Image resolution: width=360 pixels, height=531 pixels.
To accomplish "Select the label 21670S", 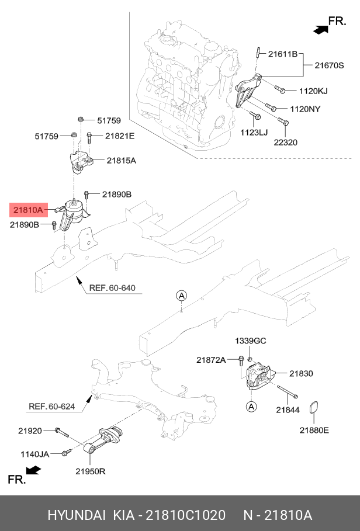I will [x=331, y=66].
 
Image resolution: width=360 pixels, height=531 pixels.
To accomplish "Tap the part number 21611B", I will [x=283, y=54].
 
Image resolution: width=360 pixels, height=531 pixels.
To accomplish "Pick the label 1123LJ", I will [x=254, y=133].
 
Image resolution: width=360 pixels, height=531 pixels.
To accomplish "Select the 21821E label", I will [x=120, y=136].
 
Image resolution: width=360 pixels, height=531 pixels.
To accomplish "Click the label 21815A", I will [x=121, y=159].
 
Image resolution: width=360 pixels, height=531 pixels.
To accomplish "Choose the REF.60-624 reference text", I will [x=51, y=406].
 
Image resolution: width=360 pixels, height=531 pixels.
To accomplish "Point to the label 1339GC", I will [x=251, y=341].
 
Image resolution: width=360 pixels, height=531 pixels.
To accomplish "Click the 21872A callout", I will [x=211, y=360].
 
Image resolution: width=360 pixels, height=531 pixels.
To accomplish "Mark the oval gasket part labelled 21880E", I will [x=314, y=411].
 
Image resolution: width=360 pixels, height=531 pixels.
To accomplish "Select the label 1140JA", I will [x=35, y=453].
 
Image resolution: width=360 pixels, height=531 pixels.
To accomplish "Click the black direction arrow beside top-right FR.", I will [x=319, y=27].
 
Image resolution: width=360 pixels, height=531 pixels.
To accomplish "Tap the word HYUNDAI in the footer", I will [x=76, y=515].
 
